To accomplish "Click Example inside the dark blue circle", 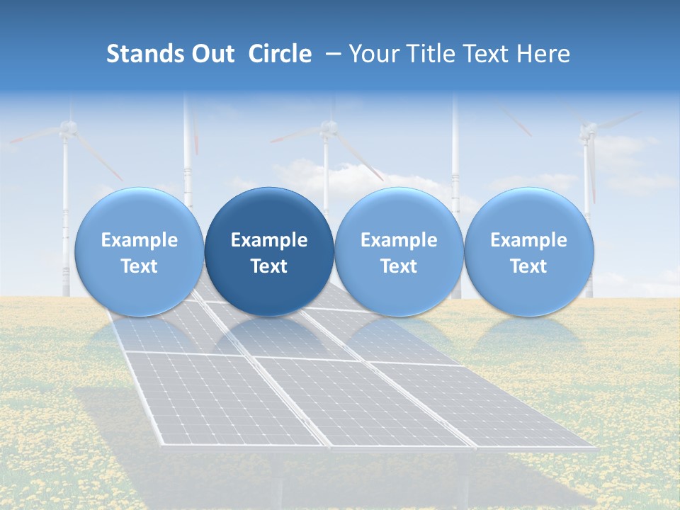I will click(x=269, y=240).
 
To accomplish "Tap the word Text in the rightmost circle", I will click(x=528, y=266).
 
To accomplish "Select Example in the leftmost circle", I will click(x=139, y=240).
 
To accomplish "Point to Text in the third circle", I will click(x=399, y=266).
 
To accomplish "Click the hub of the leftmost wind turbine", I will click(x=67, y=127).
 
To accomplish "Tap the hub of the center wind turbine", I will click(x=327, y=127).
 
